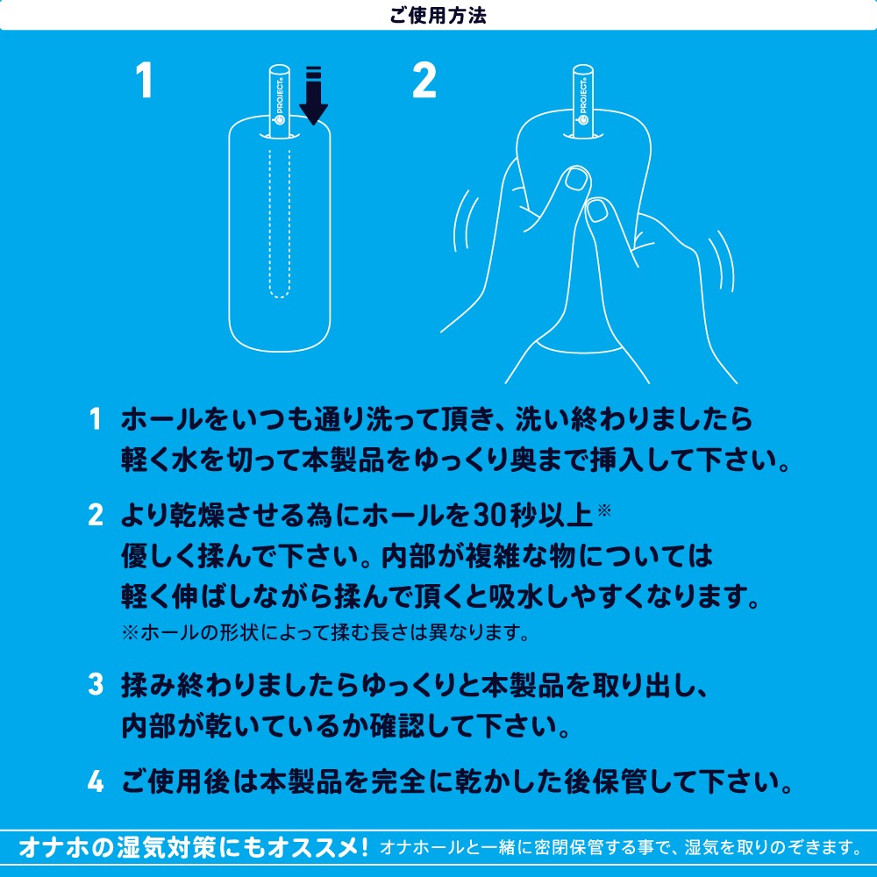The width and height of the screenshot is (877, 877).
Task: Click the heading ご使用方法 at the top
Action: point(438,15)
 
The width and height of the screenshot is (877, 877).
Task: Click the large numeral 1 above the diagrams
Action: point(145,82)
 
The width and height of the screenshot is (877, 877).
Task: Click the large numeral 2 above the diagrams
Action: point(424,82)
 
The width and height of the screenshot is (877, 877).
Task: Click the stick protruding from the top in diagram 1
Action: point(279,101)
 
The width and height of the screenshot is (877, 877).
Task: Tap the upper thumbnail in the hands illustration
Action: point(576,180)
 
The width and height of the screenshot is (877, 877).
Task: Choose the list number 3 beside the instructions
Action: point(95,687)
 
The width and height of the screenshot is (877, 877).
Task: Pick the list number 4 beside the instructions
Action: point(95,780)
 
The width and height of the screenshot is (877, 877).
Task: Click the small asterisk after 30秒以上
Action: point(603,508)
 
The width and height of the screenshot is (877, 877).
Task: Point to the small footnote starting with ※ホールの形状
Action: point(325,631)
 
